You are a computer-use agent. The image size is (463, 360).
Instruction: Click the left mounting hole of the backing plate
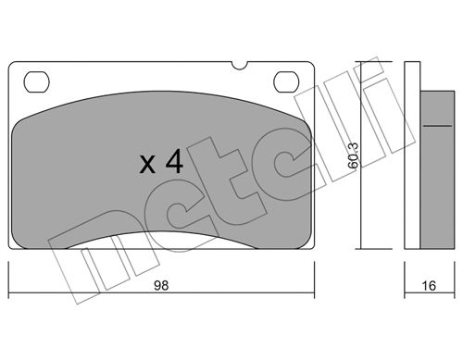coord(36,82)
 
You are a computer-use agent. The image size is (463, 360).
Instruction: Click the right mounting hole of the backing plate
coord(286,82)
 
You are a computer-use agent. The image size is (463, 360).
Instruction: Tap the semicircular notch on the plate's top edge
coord(240,65)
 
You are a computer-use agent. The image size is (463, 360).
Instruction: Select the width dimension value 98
coord(161,286)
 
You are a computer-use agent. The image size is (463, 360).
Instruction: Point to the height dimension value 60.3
coord(353,155)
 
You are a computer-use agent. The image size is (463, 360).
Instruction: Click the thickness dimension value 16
coord(429,286)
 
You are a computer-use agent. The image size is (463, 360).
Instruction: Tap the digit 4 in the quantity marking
coord(175,160)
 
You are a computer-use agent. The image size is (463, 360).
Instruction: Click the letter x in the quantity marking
coord(147,165)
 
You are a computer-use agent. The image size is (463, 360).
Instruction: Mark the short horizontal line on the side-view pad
coord(437,126)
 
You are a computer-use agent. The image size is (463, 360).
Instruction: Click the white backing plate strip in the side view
coord(412,155)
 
